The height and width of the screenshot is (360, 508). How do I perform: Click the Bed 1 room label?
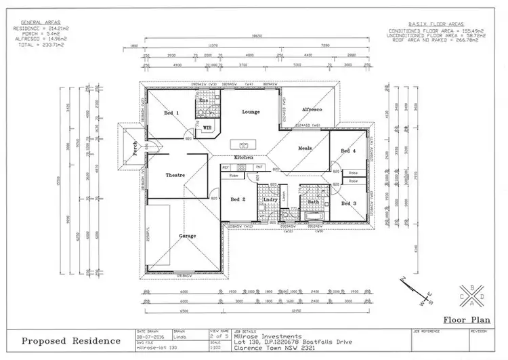(x=171, y=113)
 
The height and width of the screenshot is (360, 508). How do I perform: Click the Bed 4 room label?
(x=347, y=151)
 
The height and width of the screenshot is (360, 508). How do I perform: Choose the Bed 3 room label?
(x=348, y=203)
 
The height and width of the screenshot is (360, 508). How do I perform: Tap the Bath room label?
(x=313, y=201)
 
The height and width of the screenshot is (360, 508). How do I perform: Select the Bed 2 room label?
(x=238, y=199)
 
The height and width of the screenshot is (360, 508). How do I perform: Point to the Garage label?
(x=188, y=236)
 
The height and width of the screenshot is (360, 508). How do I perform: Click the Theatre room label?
(x=175, y=176)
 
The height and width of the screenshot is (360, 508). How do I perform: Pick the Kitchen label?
(x=244, y=157)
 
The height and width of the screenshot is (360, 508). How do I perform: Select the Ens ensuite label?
(x=203, y=100)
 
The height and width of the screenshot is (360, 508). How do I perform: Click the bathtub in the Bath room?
(x=314, y=217)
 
